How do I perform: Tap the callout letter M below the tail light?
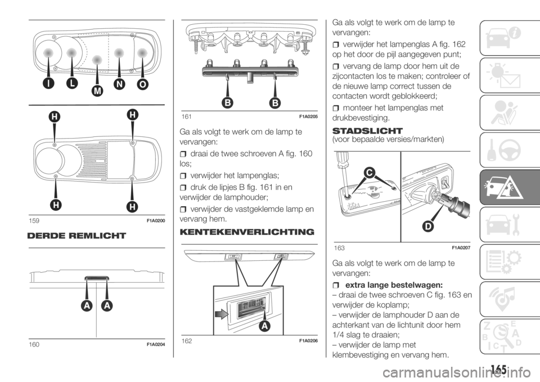pyautogui.click(x=97, y=91)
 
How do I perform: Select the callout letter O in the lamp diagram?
pyautogui.click(x=142, y=85)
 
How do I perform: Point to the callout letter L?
pyautogui.click(x=73, y=84)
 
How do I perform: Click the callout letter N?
pyautogui.click(x=119, y=85)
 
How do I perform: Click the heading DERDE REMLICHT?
pyautogui.click(x=76, y=236)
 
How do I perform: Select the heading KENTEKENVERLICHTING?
pyautogui.click(x=247, y=232)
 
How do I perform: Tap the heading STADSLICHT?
pyautogui.click(x=367, y=131)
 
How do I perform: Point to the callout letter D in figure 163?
pyautogui.click(x=427, y=226)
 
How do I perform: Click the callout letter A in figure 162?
pyautogui.click(x=264, y=326)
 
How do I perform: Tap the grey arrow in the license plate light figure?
pyautogui.click(x=220, y=314)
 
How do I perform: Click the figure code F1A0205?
pyautogui.click(x=308, y=117)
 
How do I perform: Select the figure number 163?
pyautogui.click(x=339, y=248)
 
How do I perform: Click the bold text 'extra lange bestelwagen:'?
pyautogui.click(x=394, y=285)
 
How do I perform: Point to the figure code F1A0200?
pyautogui.click(x=156, y=221)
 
